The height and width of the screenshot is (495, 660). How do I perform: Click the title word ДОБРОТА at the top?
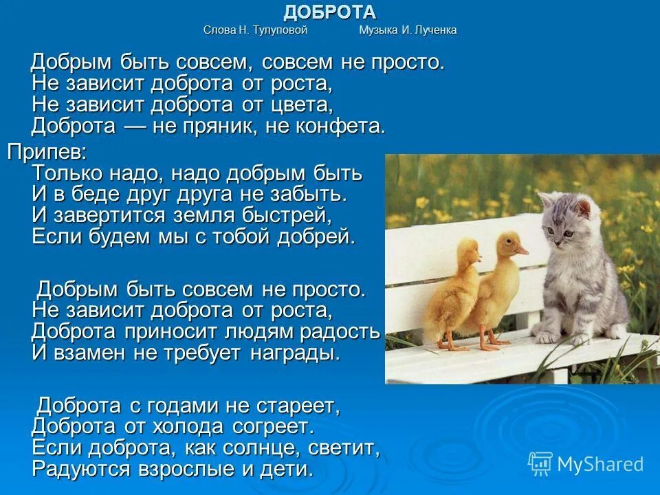[330, 12]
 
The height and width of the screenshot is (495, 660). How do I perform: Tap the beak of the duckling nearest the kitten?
[522, 251]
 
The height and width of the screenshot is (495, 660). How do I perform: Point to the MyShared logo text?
[600, 464]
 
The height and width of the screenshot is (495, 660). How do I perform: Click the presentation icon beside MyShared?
[540, 463]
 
